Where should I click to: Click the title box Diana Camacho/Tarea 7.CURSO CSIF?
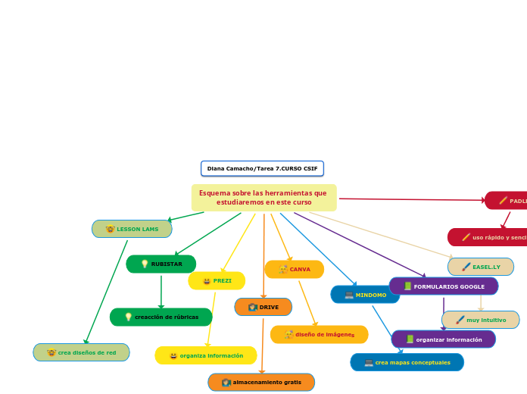tap(262, 168)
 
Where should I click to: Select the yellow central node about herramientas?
tap(263, 198)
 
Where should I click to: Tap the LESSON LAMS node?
tap(132, 229)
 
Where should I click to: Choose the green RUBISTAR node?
tap(161, 264)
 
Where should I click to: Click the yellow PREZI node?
tap(217, 281)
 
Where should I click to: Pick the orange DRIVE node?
tap(263, 307)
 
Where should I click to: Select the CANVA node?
tap(294, 269)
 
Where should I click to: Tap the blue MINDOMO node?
tap(365, 295)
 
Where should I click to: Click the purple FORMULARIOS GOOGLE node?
tap(443, 286)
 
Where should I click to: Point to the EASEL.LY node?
tap(481, 267)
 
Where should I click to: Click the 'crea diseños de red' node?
tap(81, 352)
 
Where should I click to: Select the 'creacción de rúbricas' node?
tap(161, 317)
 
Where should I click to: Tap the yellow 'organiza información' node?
tap(206, 355)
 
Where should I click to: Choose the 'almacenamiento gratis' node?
tap(261, 383)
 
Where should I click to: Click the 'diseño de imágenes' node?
tap(319, 334)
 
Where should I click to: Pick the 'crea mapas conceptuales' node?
tap(407, 362)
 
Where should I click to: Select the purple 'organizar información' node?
tap(443, 339)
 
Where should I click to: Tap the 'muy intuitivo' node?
tap(480, 320)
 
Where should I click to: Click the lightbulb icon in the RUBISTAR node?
tap(145, 264)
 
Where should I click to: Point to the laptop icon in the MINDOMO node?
tap(349, 295)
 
